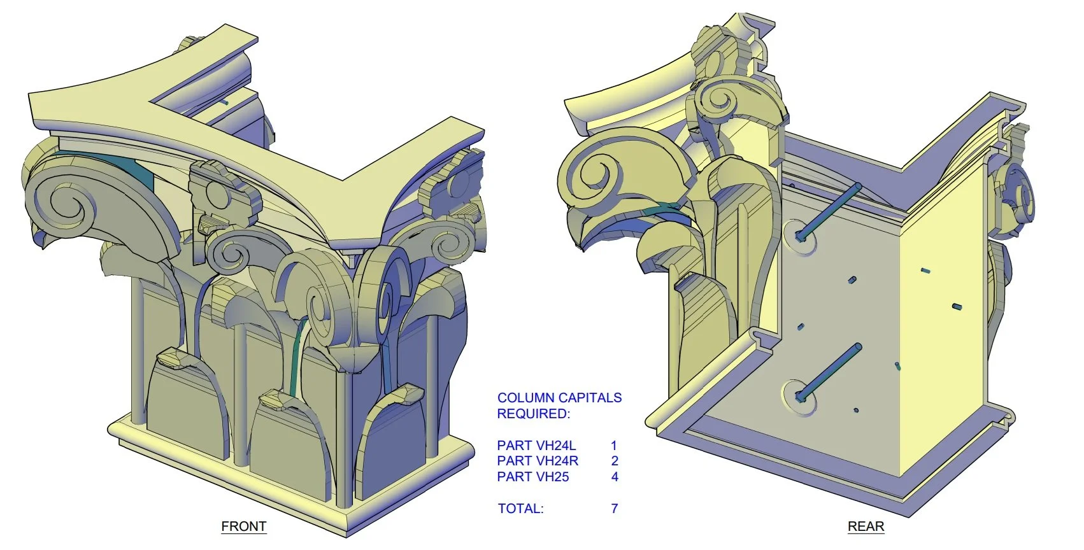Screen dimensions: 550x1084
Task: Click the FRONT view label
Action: (243, 526)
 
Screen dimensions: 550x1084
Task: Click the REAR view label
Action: (866, 526)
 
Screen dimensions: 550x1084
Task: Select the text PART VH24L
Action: (536, 446)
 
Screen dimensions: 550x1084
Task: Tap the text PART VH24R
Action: (538, 461)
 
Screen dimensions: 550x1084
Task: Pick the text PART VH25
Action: (532, 477)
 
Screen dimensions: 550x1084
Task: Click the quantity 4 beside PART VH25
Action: (614, 477)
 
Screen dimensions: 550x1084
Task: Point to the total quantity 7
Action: (614, 509)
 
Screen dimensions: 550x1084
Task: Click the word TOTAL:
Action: (520, 509)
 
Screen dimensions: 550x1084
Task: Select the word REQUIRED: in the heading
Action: (533, 414)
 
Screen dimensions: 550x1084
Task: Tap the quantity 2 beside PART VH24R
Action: (614, 461)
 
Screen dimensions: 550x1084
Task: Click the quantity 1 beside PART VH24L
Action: (613, 446)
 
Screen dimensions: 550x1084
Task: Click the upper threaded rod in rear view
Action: (831, 210)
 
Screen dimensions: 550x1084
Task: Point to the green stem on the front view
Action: (295, 356)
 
